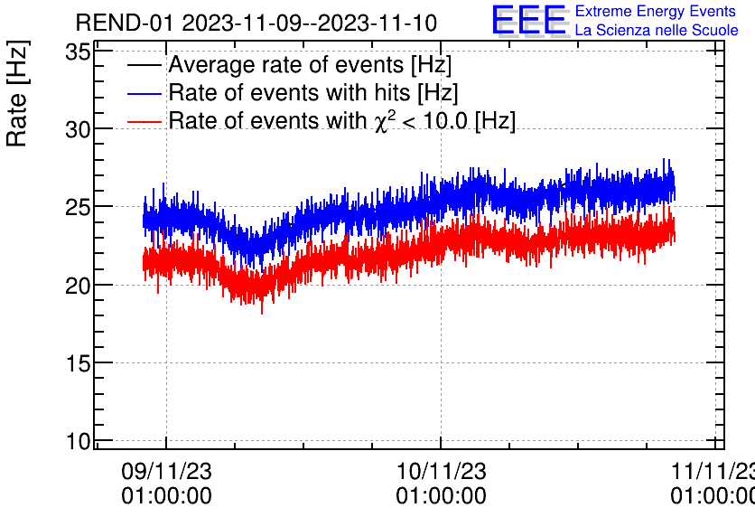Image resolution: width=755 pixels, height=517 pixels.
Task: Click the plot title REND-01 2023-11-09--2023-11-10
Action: click(x=256, y=23)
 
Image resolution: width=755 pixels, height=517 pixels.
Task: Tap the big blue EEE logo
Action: click(x=529, y=21)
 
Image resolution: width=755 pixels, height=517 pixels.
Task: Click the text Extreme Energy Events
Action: click(x=656, y=12)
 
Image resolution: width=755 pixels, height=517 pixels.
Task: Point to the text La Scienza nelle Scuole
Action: click(x=656, y=31)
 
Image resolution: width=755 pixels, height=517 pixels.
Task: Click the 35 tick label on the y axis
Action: click(x=79, y=52)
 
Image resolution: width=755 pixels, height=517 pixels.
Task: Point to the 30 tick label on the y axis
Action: click(x=79, y=129)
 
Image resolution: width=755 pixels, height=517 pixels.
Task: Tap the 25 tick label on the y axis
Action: click(x=79, y=207)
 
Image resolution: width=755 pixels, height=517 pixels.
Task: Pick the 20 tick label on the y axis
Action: click(x=79, y=285)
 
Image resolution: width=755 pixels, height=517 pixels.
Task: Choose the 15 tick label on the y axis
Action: click(x=79, y=362)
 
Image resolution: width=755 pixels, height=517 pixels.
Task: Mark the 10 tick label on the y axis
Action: click(x=79, y=441)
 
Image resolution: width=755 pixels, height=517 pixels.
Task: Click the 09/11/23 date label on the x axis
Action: click(x=166, y=471)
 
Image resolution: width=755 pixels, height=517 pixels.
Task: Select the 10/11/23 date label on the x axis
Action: click(x=441, y=471)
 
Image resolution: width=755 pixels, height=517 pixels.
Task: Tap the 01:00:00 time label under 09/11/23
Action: click(x=166, y=496)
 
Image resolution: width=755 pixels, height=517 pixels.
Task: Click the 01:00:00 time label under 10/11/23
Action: click(x=441, y=496)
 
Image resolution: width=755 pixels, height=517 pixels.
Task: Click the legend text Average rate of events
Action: click(x=310, y=66)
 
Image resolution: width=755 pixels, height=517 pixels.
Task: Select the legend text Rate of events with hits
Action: click(x=313, y=93)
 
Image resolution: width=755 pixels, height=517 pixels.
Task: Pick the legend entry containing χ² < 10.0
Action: click(x=341, y=120)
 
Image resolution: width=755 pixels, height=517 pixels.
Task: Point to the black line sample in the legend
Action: click(x=145, y=66)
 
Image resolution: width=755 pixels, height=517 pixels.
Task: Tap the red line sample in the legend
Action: click(x=145, y=120)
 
